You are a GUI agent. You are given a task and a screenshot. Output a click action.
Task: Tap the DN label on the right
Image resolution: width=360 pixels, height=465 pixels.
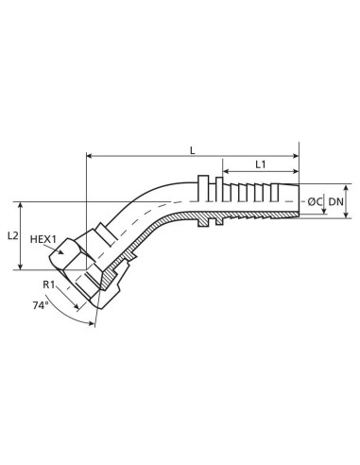(336, 201)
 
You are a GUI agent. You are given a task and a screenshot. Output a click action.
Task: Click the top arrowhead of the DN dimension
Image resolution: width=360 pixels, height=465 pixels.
(329, 186)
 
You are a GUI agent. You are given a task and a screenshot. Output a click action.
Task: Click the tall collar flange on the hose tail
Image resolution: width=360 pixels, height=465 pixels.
(203, 199)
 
